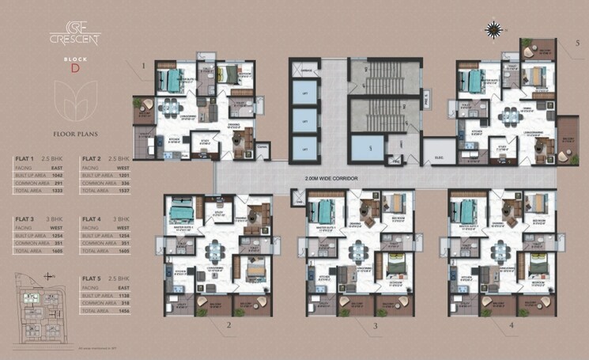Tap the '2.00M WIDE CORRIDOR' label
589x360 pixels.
click(335, 180)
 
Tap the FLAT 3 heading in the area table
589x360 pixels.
click(25, 218)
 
